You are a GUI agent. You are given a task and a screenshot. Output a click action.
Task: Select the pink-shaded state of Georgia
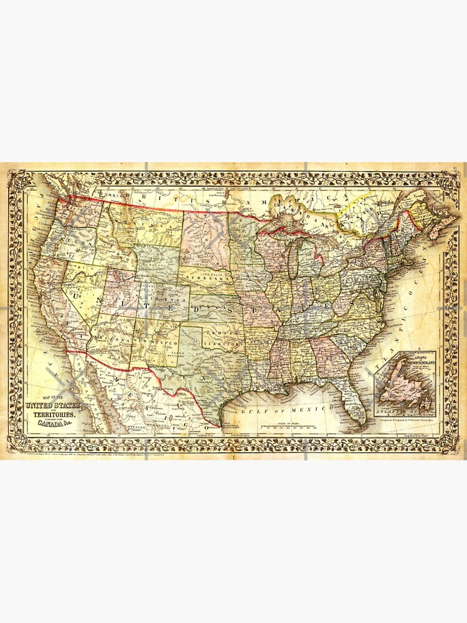click(326, 351)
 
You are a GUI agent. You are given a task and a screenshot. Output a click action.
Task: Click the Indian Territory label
click(222, 341)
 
